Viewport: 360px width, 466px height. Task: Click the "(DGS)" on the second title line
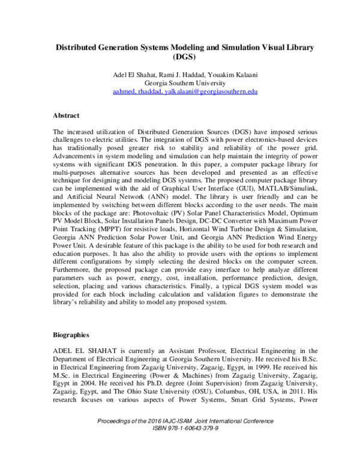tap(181, 57)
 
